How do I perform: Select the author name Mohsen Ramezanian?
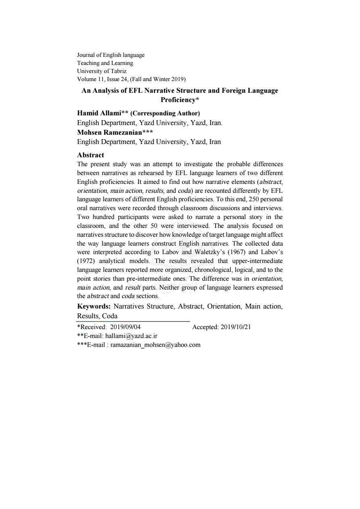click(x=109, y=132)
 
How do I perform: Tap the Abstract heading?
click(x=90, y=155)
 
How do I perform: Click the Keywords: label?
click(x=94, y=306)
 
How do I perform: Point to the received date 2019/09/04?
click(x=126, y=327)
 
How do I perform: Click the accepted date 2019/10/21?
click(x=236, y=327)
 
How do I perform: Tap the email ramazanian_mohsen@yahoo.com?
click(x=155, y=344)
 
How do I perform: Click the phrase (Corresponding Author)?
click(x=165, y=113)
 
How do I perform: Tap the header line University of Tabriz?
click(x=102, y=71)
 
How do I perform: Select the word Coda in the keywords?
click(x=110, y=316)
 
